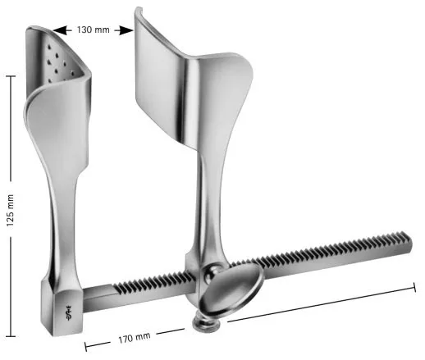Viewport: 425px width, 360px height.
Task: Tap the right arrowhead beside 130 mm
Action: point(126,30)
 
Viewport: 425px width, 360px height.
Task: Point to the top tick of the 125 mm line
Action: point(10,76)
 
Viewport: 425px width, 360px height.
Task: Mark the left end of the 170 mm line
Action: point(85,345)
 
